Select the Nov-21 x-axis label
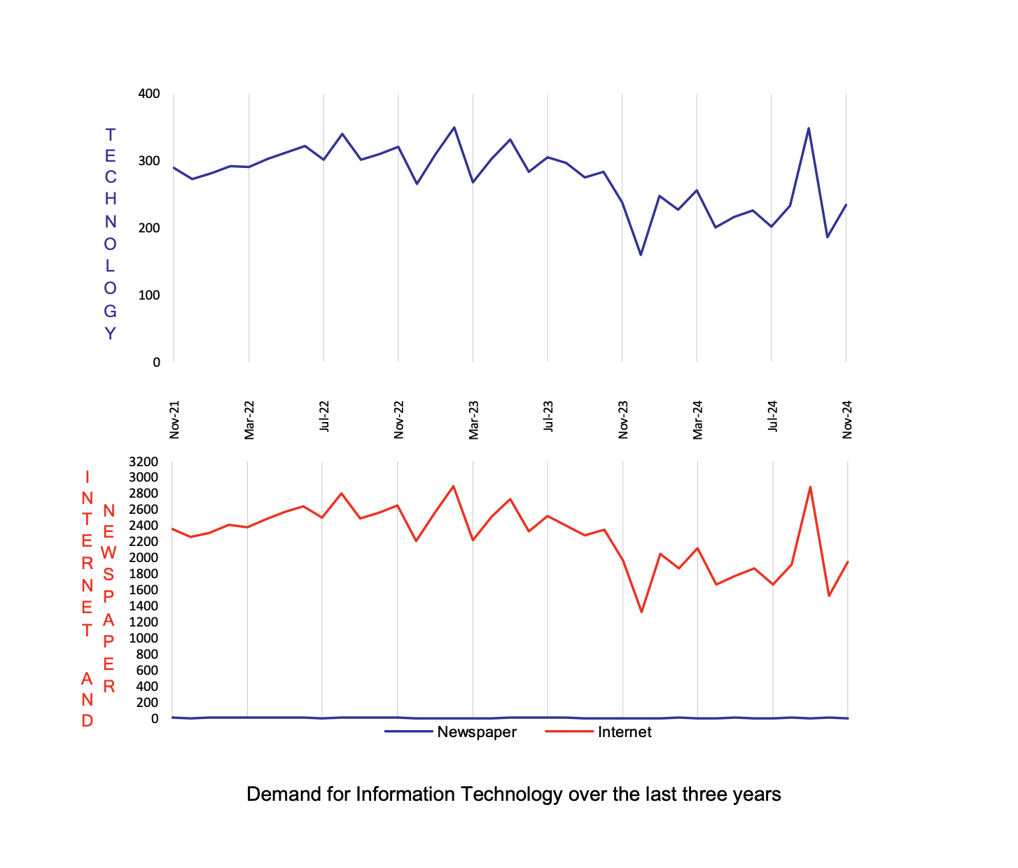tap(175, 420)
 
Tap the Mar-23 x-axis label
tap(474, 420)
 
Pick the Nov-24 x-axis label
tap(847, 420)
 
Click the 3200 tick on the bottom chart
tap(144, 461)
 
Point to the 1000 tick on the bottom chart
tap(144, 638)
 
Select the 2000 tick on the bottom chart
tap(144, 558)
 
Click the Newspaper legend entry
tap(476, 732)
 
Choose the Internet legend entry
tap(624, 732)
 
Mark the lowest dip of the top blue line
tap(641, 254)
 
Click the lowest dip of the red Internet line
tap(641, 612)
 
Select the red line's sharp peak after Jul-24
tap(810, 486)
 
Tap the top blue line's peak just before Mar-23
tap(454, 127)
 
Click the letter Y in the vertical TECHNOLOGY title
tap(110, 334)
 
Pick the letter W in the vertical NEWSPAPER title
tap(109, 553)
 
